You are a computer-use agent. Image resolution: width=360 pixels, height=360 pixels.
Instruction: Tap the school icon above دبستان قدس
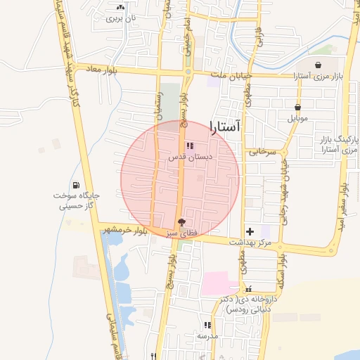[190, 146]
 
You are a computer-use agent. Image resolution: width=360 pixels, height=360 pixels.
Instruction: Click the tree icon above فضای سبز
[183, 222]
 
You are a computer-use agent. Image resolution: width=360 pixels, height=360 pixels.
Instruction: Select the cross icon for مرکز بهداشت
[250, 231]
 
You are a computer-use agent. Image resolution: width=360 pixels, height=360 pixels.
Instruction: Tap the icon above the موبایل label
[297, 108]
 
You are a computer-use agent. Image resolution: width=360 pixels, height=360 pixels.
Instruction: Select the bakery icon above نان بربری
[118, 8]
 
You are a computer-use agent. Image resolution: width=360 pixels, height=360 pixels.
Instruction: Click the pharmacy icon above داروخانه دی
[247, 289]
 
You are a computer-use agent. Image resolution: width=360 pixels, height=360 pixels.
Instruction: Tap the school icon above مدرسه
[207, 325]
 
